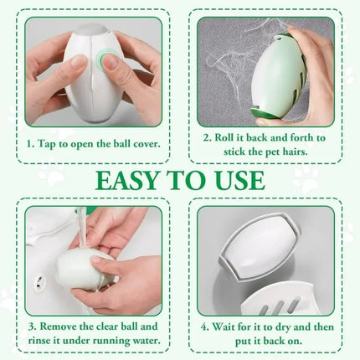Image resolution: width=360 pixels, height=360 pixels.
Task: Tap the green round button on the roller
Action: coord(108,60)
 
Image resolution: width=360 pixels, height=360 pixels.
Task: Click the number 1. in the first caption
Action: coord(33,142)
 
